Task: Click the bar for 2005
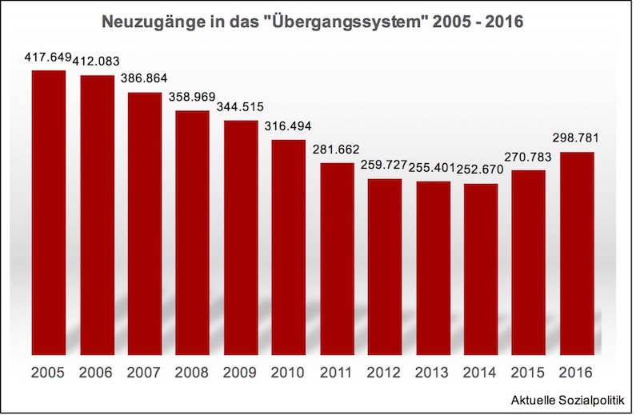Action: [49, 212]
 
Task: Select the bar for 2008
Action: [193, 232]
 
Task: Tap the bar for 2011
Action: [337, 258]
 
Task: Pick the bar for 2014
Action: [481, 269]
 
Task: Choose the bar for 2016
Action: [577, 253]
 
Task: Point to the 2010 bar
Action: [289, 246]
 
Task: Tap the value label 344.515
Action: [241, 108]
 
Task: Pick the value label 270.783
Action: [529, 158]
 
